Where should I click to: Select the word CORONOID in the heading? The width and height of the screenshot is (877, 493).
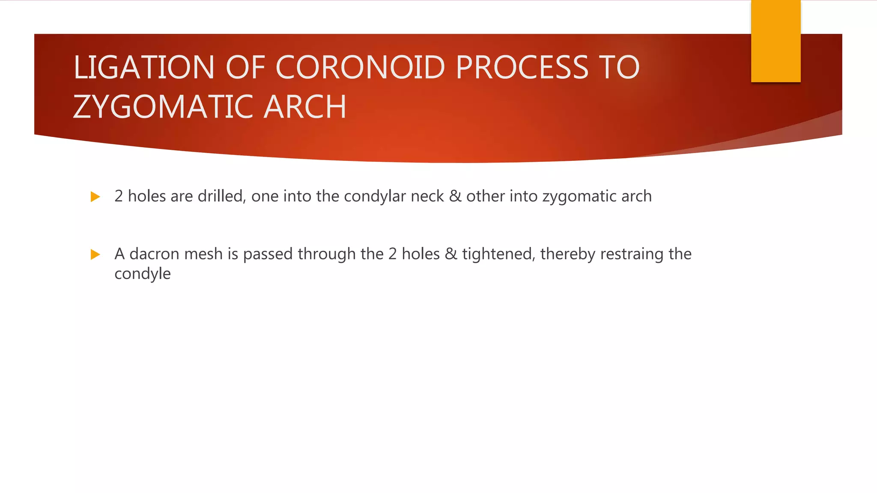[x=361, y=68]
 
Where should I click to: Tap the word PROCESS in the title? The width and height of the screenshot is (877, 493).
[x=522, y=68]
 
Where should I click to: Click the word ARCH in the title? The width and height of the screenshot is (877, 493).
[x=305, y=107]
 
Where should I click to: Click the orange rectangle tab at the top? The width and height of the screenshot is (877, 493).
[x=776, y=41]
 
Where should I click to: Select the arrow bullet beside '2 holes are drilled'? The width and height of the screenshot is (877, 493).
[x=95, y=197]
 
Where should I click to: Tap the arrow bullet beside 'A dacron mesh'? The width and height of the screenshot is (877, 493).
[x=95, y=255]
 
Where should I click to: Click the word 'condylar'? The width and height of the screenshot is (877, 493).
[x=375, y=196]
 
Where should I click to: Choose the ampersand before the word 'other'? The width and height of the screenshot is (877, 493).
[x=455, y=196]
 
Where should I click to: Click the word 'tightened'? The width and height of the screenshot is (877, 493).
[x=498, y=255]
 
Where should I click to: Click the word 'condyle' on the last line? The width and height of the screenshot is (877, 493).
[x=143, y=274]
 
